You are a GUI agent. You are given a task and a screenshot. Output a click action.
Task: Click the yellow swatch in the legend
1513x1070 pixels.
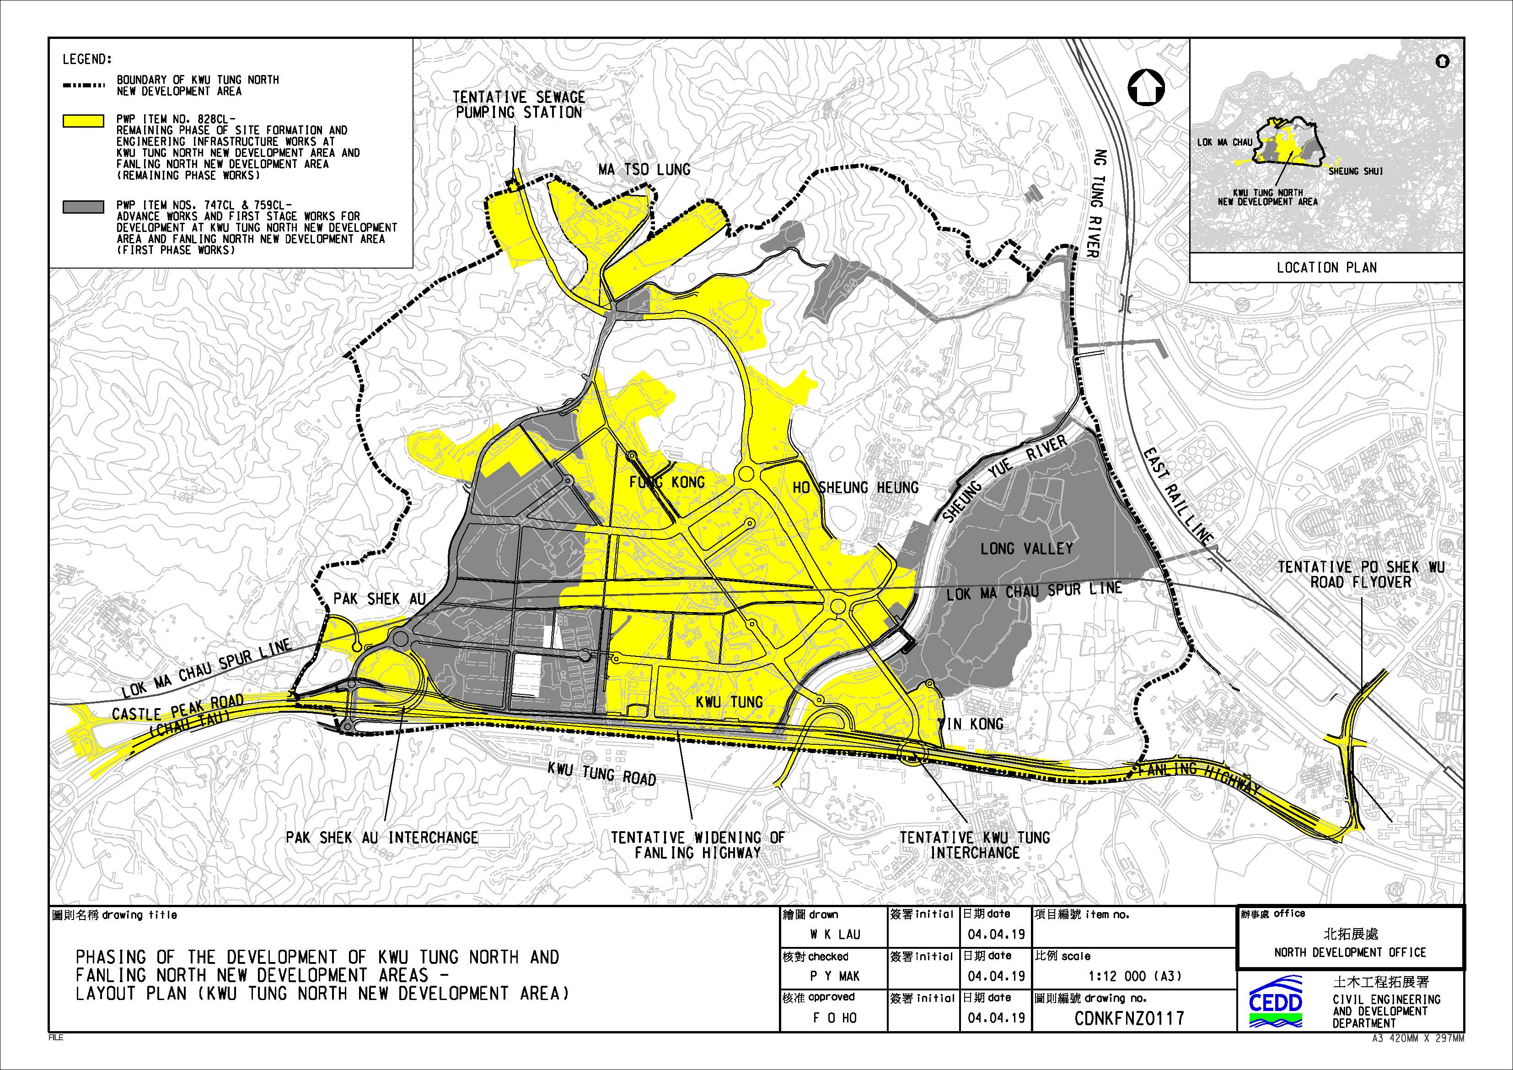pyautogui.click(x=83, y=121)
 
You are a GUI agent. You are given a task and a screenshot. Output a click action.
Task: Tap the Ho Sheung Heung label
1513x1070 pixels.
pyautogui.click(x=855, y=488)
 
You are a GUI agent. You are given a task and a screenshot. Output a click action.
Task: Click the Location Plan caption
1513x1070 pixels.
pyautogui.click(x=1326, y=268)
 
